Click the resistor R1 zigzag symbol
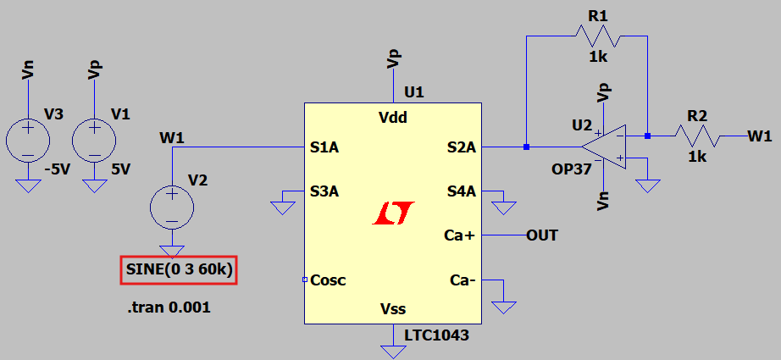[598, 36]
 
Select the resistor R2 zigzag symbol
[697, 136]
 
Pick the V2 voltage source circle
[172, 206]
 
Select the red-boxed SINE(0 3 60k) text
[179, 271]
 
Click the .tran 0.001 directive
[169, 307]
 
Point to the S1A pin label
[325, 147]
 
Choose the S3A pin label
[325, 191]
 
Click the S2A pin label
[462, 147]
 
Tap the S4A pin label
[462, 191]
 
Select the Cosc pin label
[329, 280]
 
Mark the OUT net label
[542, 235]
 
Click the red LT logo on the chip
[392, 213]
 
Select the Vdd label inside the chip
[393, 118]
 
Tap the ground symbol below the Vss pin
[393, 348]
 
